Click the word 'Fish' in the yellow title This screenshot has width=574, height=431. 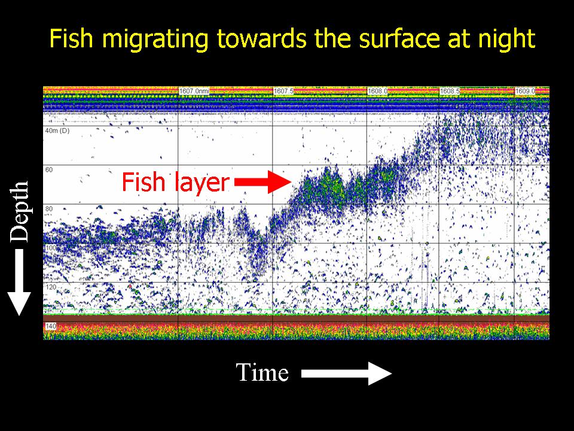pos(71,38)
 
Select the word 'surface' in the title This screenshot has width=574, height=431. pos(400,39)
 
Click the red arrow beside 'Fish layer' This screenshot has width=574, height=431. pos(263,182)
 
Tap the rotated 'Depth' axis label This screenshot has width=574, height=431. pos(19,211)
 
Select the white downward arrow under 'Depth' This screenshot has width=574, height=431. pos(19,282)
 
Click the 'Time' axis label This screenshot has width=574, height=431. pos(262,372)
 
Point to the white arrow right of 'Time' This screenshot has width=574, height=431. pos(347,374)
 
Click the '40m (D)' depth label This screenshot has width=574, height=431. pos(57,131)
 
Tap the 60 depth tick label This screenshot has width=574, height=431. pos(49,169)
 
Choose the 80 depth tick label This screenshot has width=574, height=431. pos(49,209)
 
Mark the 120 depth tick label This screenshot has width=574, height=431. pos(51,287)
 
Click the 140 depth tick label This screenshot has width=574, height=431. pos(51,326)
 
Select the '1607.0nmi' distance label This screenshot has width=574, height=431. pos(194,90)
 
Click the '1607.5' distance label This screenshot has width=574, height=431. pos(283,90)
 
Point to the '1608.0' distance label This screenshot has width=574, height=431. pos(378,90)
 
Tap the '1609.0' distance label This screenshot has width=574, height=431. pos(526,90)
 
